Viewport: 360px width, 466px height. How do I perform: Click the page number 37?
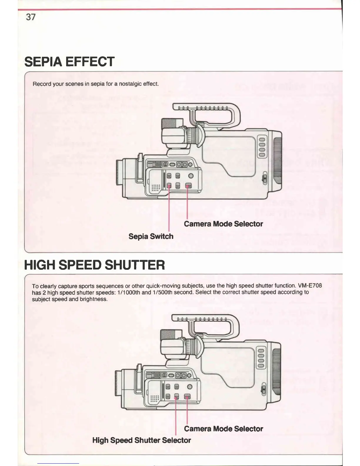(x=31, y=17)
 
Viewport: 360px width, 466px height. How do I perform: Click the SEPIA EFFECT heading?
(x=69, y=62)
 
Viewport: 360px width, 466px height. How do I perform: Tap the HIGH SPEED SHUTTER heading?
(x=94, y=265)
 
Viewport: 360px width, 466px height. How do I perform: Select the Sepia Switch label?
(x=151, y=237)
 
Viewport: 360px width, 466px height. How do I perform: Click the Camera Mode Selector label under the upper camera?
(x=223, y=224)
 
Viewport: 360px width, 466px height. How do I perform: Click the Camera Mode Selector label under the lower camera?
(x=223, y=429)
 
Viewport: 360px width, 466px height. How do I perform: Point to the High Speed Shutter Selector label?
(x=141, y=440)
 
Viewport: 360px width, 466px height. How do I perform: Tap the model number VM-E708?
(x=310, y=285)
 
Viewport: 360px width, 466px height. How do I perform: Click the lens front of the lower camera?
(x=117, y=383)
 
